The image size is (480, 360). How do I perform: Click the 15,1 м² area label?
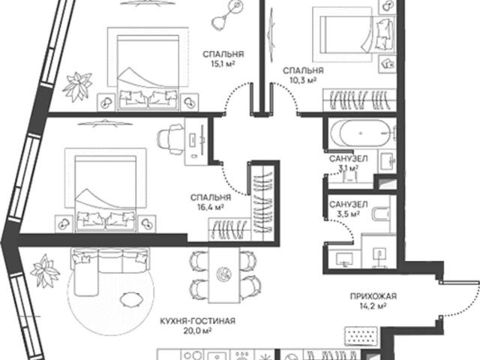point(223,64)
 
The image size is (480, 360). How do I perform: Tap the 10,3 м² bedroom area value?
point(303,80)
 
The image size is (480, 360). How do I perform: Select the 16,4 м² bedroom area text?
point(211,207)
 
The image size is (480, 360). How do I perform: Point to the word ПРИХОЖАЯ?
point(373,296)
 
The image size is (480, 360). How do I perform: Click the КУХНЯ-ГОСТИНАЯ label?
point(198,321)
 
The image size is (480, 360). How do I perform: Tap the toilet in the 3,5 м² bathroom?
point(381,214)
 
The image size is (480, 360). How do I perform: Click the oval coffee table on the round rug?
point(131,299)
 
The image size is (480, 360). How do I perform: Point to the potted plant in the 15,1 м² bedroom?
point(77,86)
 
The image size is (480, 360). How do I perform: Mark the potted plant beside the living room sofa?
point(45,271)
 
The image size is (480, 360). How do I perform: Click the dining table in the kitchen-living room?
point(224,275)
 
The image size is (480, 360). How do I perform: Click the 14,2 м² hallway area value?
point(373,306)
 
